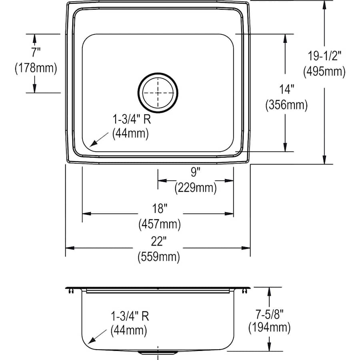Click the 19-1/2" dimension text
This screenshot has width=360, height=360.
(324, 56)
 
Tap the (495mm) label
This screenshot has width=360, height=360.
(324, 72)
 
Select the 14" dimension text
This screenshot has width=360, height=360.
(286, 89)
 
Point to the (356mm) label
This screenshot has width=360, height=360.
(286, 105)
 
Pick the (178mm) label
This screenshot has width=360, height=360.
(36, 68)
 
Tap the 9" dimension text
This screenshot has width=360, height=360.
(196, 172)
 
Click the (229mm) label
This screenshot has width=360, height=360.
(196, 188)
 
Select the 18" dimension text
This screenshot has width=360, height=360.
(160, 208)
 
